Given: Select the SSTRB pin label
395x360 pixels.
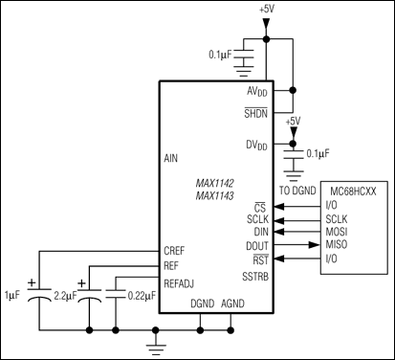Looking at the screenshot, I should click(x=254, y=278).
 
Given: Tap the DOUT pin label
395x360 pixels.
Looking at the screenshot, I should click(x=257, y=245).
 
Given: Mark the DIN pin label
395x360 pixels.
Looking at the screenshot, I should click(x=261, y=232).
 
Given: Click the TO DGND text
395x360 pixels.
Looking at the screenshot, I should click(x=296, y=191).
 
